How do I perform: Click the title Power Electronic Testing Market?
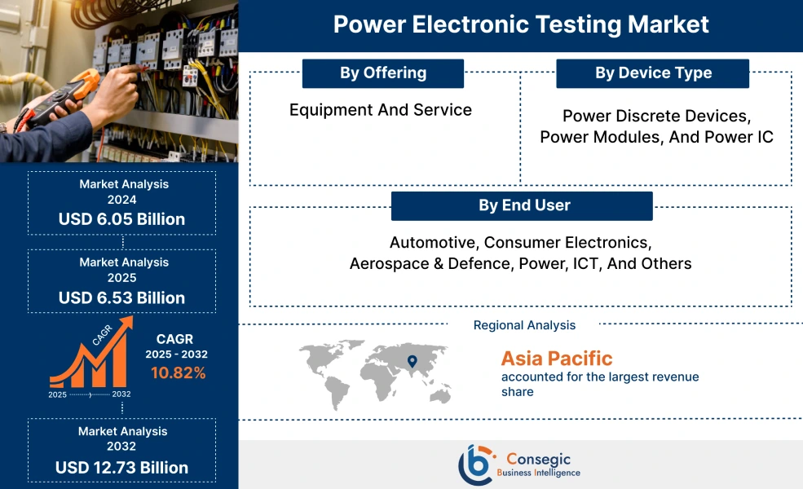coord(521,24)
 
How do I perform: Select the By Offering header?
coord(383,73)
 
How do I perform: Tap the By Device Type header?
coord(653,73)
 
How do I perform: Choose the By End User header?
coord(523,205)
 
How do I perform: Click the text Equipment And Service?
coord(381,109)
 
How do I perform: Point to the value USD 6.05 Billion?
coord(121,219)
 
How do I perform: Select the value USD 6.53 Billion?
coord(121,297)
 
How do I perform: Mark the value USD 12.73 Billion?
coord(121,468)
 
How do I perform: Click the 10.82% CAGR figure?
coord(178,373)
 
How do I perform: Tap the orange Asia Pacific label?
coord(556,358)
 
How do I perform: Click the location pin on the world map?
coord(412,361)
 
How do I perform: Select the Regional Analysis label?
coord(524,325)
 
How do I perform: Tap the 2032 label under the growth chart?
coord(121,394)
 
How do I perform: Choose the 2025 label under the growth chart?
coord(57,394)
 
